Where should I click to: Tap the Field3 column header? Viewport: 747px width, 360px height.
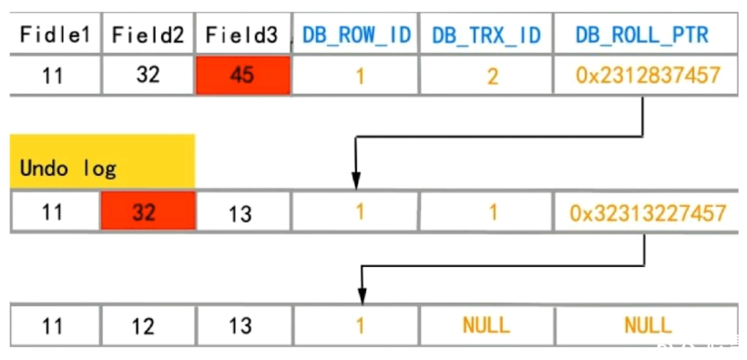pyautogui.click(x=242, y=36)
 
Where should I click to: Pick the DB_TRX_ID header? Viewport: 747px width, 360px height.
pyautogui.click(x=486, y=36)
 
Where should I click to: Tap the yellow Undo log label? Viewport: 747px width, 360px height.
pyautogui.click(x=102, y=162)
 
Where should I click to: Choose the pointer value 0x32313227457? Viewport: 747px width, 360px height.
pyautogui.click(x=647, y=213)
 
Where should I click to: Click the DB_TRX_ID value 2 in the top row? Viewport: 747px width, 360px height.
pyautogui.click(x=492, y=76)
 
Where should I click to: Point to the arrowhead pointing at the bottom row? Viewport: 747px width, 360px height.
pyautogui.click(x=362, y=296)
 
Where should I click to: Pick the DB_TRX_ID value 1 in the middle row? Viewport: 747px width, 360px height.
pyautogui.click(x=492, y=213)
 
